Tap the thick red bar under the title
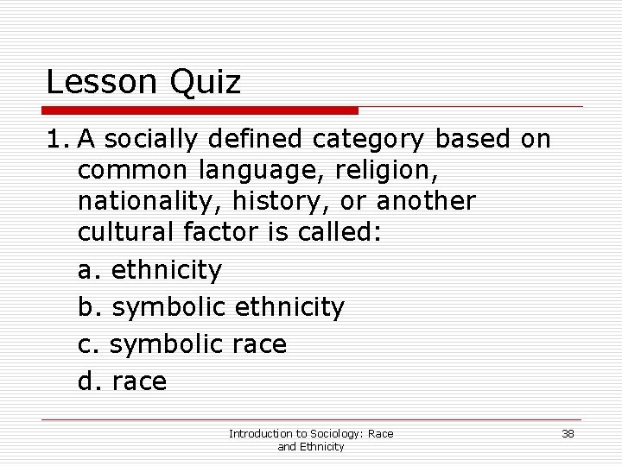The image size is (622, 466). pos(201,110)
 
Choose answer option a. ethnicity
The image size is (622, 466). pos(149,270)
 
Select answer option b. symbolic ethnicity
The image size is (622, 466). pos(211,306)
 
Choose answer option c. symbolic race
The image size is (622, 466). pos(181,344)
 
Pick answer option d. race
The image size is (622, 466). pos(122,381)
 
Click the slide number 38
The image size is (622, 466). pos(568,433)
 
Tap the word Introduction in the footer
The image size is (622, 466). pos(259,433)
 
